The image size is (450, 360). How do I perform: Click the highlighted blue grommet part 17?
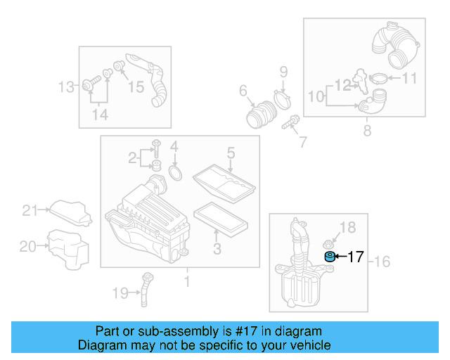point(328,257)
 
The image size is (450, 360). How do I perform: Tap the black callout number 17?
point(356,257)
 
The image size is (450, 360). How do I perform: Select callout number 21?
point(28,210)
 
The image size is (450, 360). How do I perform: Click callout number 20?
point(27,246)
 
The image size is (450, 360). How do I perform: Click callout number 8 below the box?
point(366,131)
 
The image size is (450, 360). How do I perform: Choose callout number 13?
point(66,87)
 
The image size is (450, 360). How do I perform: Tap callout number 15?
point(135,87)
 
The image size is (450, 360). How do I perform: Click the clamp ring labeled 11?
point(378,78)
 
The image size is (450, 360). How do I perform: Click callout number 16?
point(382,262)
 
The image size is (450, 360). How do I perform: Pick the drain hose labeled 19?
point(146,288)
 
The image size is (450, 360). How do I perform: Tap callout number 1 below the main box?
point(187,282)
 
